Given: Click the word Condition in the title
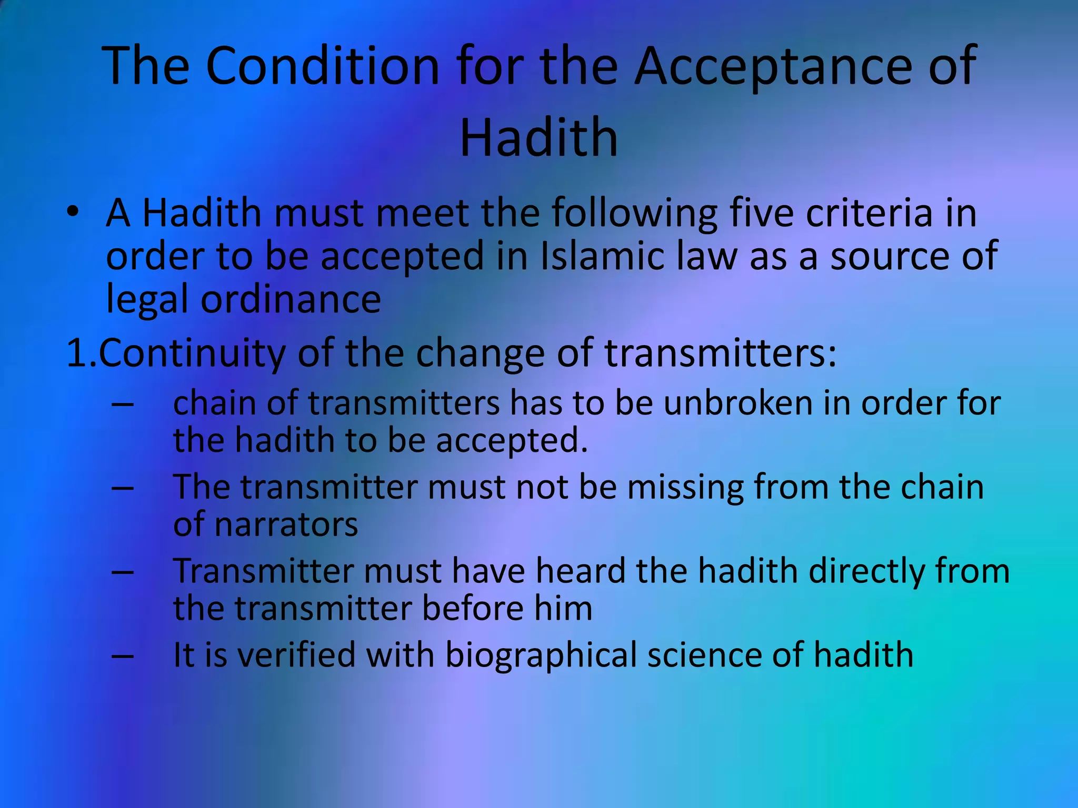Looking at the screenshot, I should (322, 66).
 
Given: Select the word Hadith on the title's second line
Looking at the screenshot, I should (538, 138).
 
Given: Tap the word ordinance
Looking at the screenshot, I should (291, 299).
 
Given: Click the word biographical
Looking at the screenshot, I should (541, 656).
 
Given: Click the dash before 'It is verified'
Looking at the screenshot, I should (122, 656).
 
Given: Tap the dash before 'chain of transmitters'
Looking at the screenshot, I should (122, 404).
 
